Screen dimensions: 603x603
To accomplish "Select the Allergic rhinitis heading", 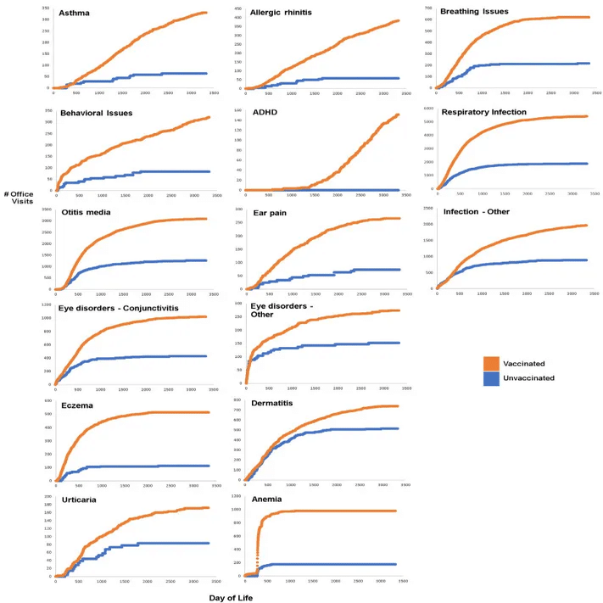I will pyautogui.click(x=279, y=14).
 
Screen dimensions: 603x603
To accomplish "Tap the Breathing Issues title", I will pyautogui.click(x=473, y=11).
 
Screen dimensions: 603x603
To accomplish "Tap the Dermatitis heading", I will pyautogui.click(x=272, y=403).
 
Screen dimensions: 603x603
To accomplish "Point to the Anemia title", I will pyautogui.click(x=266, y=500).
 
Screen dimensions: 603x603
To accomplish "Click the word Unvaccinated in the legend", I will pyautogui.click(x=528, y=377).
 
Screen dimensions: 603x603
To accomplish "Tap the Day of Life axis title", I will pyautogui.click(x=231, y=596).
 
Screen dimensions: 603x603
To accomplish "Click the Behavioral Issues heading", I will pyautogui.click(x=96, y=113).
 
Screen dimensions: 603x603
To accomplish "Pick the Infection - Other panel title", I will pyautogui.click(x=477, y=211).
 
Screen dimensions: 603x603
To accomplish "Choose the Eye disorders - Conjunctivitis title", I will pyautogui.click(x=119, y=308).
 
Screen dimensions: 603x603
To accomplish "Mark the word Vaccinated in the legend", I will pyautogui.click(x=524, y=363).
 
